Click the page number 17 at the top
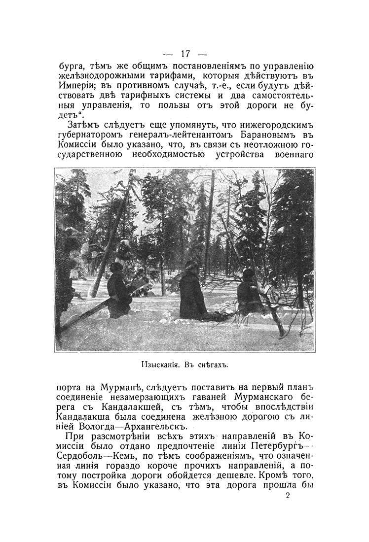click(x=185, y=53)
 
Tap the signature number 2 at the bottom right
click(x=288, y=496)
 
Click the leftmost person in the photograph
click(x=118, y=291)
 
